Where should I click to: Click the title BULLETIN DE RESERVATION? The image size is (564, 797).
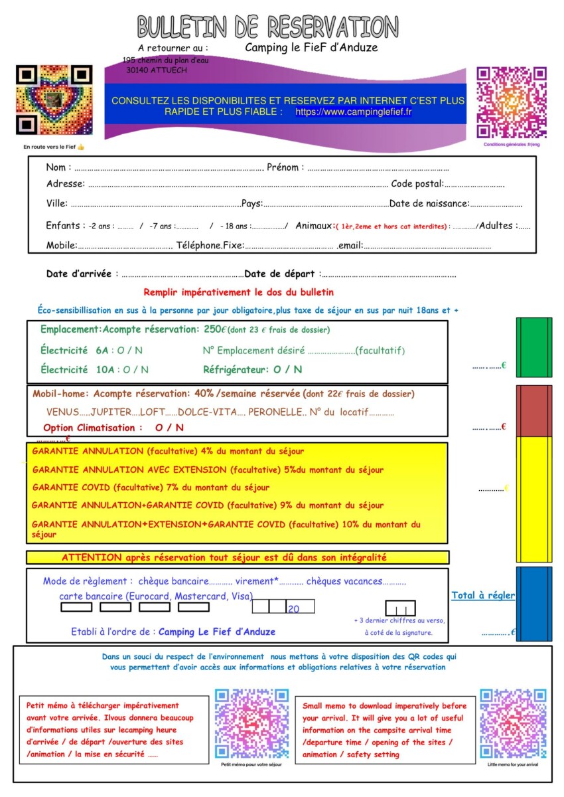point(268,27)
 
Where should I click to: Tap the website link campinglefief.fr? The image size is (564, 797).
point(353,112)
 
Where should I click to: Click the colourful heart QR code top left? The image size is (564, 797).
point(54,100)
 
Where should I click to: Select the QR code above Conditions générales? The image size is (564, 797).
point(511,102)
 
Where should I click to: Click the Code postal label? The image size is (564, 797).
point(417,184)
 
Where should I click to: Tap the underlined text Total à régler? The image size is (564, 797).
point(483,596)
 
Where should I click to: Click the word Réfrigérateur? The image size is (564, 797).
point(236,369)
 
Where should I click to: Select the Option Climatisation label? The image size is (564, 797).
point(93,428)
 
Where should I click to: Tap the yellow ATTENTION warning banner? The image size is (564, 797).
point(238,557)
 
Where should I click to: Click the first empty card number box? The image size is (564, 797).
point(76,606)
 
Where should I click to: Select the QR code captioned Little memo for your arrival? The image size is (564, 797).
point(513,723)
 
